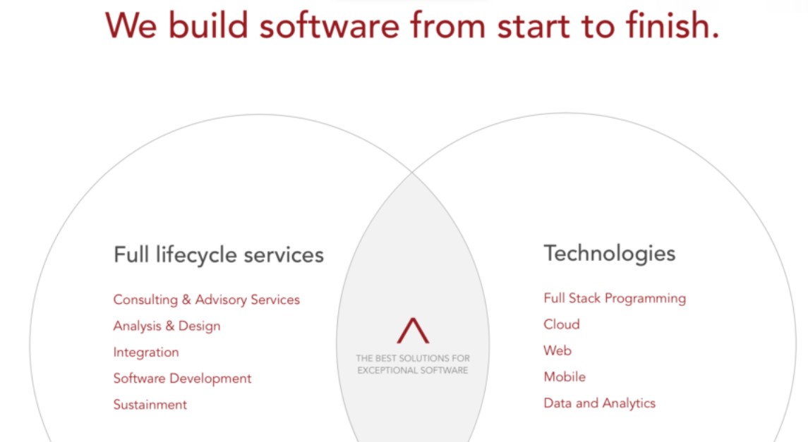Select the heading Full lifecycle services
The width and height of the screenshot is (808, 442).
(x=218, y=254)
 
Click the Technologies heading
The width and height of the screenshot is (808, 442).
(x=609, y=253)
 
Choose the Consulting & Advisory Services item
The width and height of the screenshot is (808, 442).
(x=206, y=300)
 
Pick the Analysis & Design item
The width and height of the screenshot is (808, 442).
(x=167, y=326)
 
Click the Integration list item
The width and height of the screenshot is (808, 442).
(x=146, y=352)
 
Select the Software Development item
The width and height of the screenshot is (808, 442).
(x=182, y=379)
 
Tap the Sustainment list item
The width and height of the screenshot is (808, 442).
(x=150, y=405)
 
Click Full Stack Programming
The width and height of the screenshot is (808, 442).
(x=614, y=298)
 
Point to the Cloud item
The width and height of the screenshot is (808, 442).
(x=562, y=324)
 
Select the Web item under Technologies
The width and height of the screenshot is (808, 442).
(x=557, y=350)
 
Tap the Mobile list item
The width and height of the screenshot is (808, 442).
(x=565, y=377)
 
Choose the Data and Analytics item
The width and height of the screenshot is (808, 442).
(x=599, y=403)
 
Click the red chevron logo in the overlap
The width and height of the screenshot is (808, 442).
(x=413, y=331)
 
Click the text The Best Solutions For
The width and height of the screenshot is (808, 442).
(x=413, y=358)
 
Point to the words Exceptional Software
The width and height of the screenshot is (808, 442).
(x=413, y=370)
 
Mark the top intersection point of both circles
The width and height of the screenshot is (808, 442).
(x=413, y=171)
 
